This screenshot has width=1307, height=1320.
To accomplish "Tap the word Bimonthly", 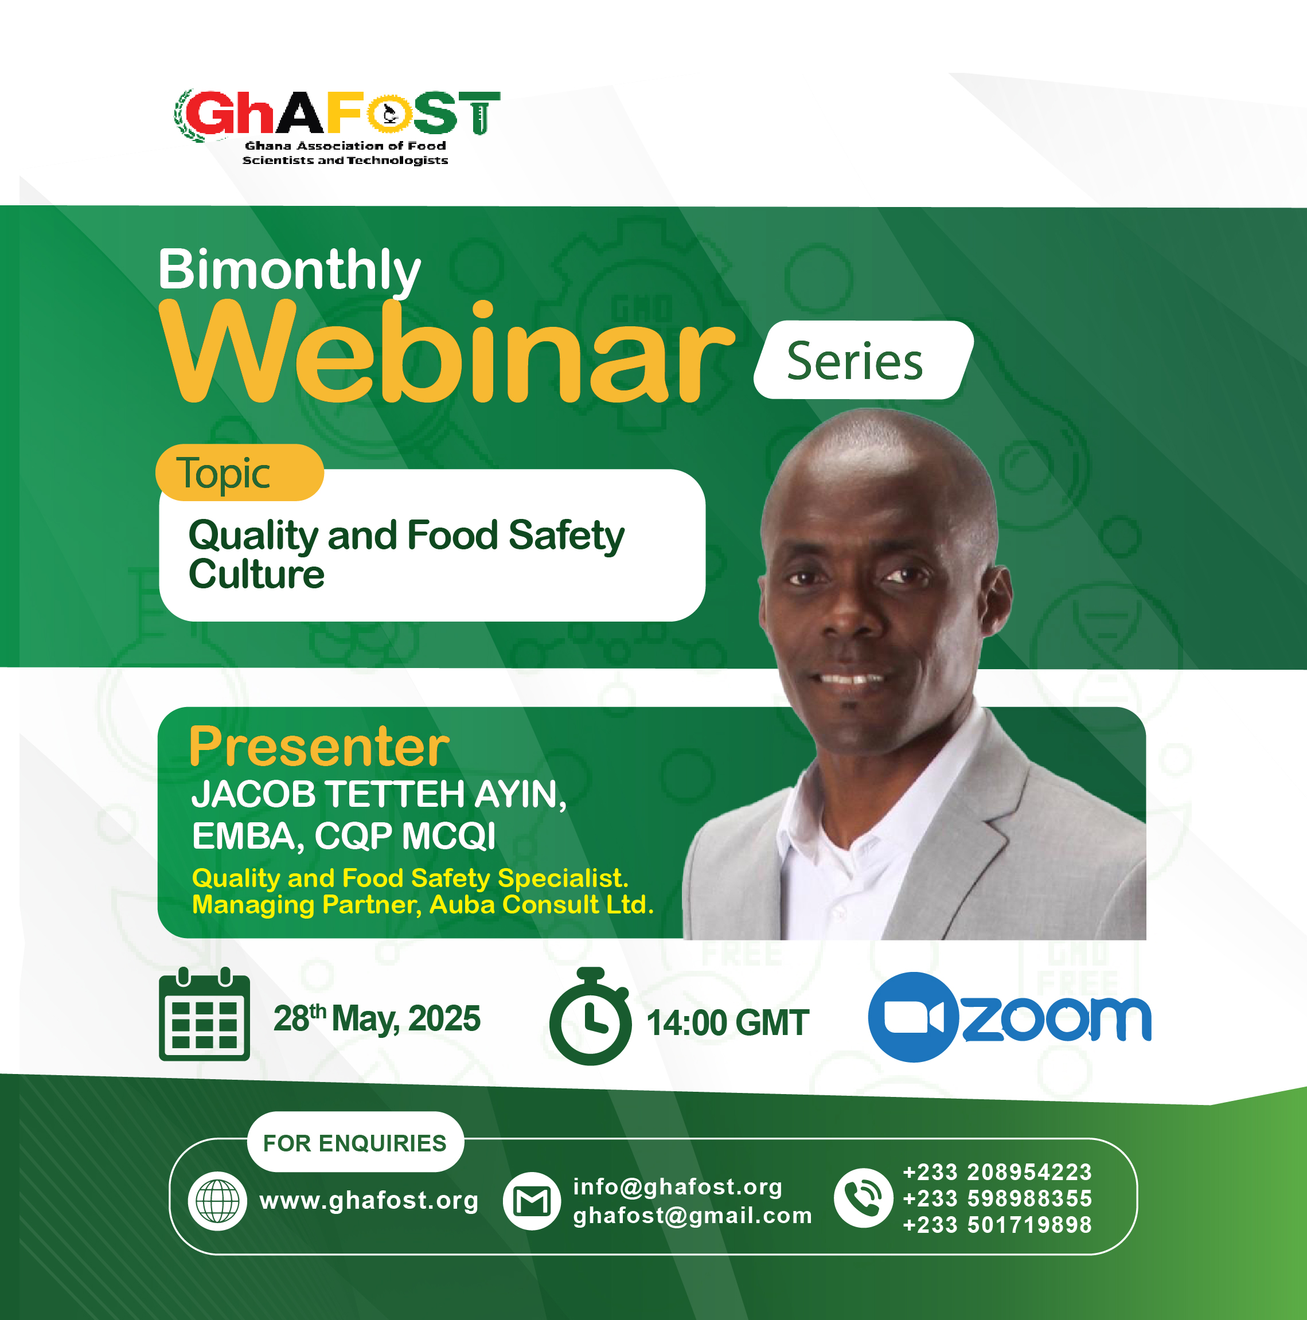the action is [x=290, y=270].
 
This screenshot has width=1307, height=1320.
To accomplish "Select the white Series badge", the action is [x=864, y=360].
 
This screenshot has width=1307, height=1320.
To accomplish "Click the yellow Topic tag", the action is [x=239, y=473].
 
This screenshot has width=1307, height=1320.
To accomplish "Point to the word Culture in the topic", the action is [x=257, y=574].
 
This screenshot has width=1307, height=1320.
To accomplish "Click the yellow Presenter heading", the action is [x=319, y=747].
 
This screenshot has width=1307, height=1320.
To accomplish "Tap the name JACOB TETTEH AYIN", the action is [x=379, y=795].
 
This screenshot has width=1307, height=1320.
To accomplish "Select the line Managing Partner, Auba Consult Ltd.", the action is [x=423, y=905].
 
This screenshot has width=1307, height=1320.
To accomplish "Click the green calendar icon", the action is [x=204, y=1014].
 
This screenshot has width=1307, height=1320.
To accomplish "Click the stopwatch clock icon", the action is [x=590, y=1016].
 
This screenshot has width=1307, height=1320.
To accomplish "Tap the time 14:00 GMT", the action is [x=728, y=1023].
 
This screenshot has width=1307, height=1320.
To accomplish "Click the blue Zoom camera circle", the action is [x=914, y=1017].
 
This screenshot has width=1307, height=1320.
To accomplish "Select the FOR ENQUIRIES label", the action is [x=354, y=1143].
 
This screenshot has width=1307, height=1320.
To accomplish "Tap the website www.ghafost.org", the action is [x=369, y=1200].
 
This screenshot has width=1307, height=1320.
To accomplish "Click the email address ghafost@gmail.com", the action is [x=693, y=1216].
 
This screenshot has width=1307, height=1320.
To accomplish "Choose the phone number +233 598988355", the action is [x=997, y=1198].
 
